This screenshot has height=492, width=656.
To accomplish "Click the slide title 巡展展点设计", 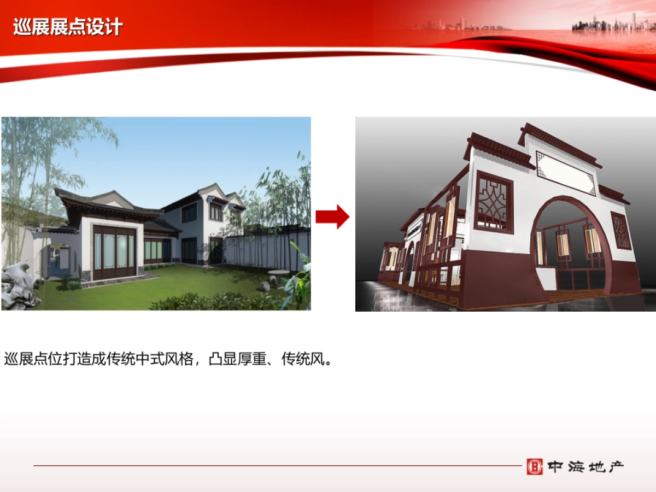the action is coord(68,27).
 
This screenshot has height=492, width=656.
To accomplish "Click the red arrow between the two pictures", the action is coord(332,216).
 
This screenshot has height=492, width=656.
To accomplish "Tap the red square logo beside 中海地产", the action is coord(535,467).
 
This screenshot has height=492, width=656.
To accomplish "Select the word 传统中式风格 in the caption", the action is coord(150,359).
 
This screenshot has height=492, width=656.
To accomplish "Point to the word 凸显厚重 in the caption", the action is coord(238,359).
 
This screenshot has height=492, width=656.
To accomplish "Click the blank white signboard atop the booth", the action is coord(565,172).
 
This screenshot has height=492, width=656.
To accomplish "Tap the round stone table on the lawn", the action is coord(279,276).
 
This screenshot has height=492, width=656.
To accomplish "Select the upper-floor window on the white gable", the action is coord(216,213).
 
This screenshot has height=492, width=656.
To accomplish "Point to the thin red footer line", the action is coord(278,465).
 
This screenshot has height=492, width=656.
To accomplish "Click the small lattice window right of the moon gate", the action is coord(621,231).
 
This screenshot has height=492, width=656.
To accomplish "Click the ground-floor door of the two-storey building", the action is coord(216,251).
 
